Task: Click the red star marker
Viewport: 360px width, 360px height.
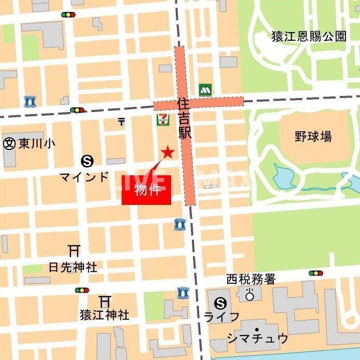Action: [167, 152]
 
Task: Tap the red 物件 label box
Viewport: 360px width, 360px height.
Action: [146, 190]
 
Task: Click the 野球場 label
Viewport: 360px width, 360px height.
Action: [313, 137]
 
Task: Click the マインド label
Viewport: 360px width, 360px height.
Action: [84, 176]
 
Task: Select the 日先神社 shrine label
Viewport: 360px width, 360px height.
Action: [73, 268]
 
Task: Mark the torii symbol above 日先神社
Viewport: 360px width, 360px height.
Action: [74, 251]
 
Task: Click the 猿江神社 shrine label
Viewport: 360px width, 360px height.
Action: [104, 314]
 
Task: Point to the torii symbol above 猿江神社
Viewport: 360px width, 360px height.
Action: [105, 300]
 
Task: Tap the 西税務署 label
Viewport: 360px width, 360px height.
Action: [251, 280]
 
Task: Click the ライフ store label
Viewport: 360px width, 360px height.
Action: [221, 317]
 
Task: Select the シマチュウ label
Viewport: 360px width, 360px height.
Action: [258, 338]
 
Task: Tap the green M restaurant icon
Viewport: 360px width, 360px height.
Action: [205, 89]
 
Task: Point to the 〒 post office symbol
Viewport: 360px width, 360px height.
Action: [121, 121]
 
